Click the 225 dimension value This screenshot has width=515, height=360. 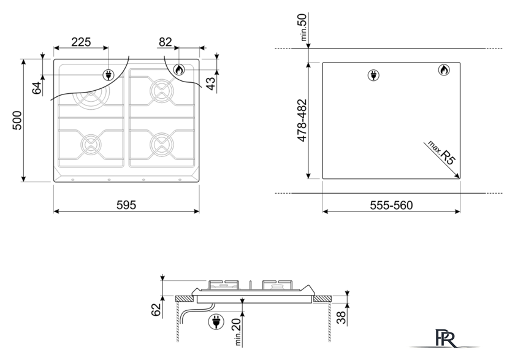(x=81, y=42)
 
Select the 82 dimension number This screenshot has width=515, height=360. (x=165, y=42)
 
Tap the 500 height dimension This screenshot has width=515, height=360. (x=17, y=120)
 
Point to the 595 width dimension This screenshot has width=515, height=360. (x=126, y=205)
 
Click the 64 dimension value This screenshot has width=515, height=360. (x=37, y=88)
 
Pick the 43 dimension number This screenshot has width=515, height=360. (x=211, y=83)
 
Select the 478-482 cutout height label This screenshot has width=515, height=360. (x=302, y=120)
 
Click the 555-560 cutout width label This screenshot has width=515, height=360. (x=391, y=205)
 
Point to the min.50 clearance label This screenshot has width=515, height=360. (x=303, y=27)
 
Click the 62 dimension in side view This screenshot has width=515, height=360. (x=156, y=310)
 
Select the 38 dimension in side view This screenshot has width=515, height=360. (x=341, y=317)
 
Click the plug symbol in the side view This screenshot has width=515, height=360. (x=216, y=321)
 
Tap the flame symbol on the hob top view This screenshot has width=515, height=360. (x=179, y=70)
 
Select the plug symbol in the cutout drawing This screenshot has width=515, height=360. (x=373, y=75)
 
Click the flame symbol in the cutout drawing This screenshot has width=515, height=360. (x=444, y=70)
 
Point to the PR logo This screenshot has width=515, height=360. (x=445, y=338)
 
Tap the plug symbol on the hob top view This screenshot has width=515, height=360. (x=109, y=75)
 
